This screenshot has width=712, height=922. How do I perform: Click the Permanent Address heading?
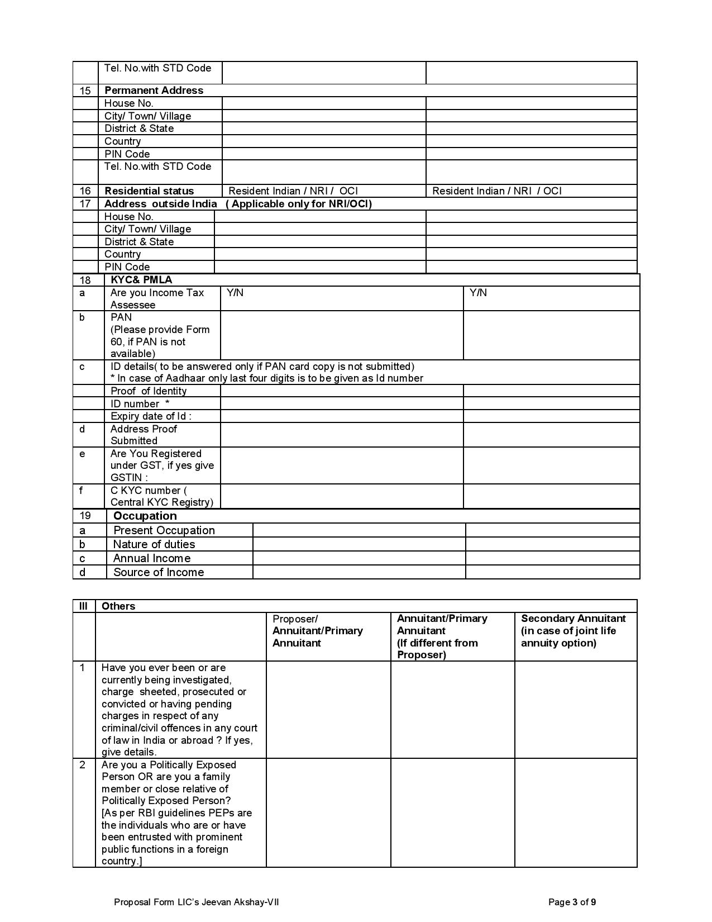154,91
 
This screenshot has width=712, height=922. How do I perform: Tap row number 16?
85,191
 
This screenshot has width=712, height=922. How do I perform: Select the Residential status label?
149,191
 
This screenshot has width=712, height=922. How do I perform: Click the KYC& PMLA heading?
141,280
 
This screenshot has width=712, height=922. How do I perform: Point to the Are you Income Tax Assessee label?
157,299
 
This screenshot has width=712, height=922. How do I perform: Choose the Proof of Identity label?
149,391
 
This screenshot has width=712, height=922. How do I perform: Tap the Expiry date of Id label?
151,416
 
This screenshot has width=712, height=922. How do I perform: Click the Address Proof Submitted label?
144,435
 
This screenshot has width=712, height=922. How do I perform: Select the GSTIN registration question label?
162,465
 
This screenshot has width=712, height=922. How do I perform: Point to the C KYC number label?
161,496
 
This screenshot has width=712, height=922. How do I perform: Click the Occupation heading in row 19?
145,516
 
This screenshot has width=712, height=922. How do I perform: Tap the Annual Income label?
151,558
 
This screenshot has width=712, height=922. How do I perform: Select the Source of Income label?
159,572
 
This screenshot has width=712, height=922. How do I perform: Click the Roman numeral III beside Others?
83,606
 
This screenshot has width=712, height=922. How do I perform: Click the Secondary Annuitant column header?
573,631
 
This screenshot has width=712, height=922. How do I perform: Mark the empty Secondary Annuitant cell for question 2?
575,812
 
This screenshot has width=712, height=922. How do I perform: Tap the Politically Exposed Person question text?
176,812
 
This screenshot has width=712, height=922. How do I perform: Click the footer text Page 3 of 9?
572,902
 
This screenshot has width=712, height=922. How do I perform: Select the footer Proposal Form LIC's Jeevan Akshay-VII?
196,902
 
